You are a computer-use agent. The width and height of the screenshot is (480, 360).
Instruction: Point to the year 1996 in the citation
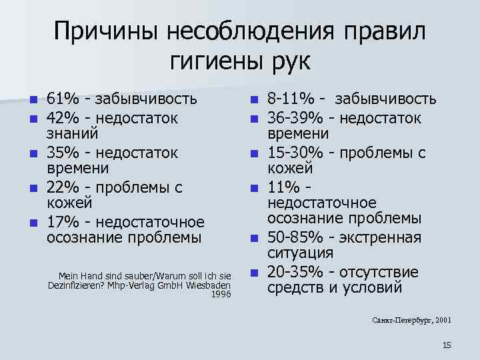tap(221, 294)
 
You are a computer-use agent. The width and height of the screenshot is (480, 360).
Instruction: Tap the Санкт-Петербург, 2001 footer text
tap(411, 320)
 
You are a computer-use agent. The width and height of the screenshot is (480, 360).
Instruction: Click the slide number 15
tap(447, 345)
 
